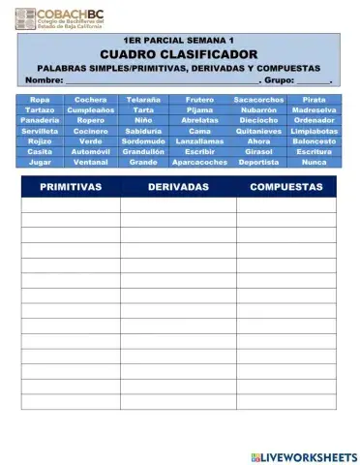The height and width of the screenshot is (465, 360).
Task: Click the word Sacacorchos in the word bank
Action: [258, 100]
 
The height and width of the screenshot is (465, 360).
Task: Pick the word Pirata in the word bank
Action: [314, 100]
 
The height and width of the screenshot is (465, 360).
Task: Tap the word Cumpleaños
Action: [91, 110]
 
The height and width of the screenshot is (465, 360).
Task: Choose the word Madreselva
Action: [314, 110]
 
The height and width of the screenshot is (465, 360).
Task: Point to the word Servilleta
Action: [40, 131]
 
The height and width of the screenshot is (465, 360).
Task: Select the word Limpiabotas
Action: [314, 131]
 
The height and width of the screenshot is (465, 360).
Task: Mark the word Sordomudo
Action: [143, 141]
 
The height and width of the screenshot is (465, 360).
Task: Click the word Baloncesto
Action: [314, 141]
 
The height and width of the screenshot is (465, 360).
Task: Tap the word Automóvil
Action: [91, 152]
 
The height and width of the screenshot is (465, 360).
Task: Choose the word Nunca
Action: [314, 163]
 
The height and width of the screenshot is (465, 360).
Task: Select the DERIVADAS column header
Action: [178, 187]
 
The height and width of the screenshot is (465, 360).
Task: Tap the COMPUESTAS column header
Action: [286, 187]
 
